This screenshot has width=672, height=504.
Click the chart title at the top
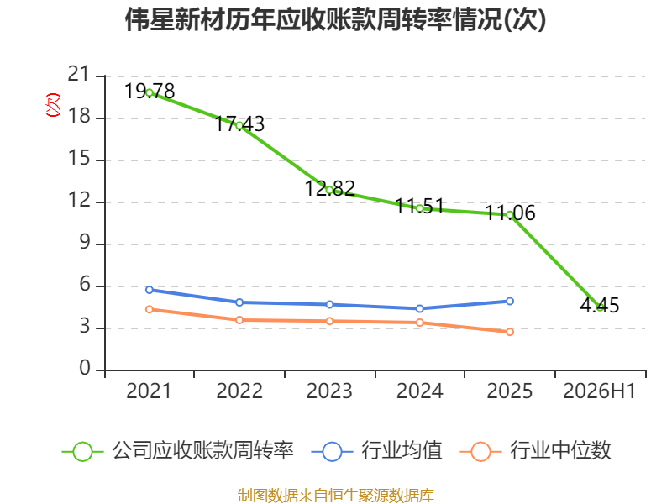[x=335, y=19]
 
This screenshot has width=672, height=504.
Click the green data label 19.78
[x=150, y=92]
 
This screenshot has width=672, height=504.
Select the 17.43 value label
[x=239, y=123]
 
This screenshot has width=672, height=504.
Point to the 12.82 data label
[x=329, y=188]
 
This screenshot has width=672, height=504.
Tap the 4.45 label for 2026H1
[x=600, y=306]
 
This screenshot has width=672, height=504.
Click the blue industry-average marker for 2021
[x=150, y=290]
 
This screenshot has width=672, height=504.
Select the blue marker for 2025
[x=510, y=302]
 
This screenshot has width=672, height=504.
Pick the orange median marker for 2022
[x=239, y=320]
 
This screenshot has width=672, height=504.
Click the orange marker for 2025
[x=510, y=332]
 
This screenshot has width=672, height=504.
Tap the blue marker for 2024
[x=420, y=308]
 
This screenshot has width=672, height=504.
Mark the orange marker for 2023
[x=329, y=321]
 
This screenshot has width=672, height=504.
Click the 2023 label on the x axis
[x=329, y=391]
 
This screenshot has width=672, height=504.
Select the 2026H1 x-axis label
[x=600, y=391]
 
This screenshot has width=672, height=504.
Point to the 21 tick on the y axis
[x=78, y=75]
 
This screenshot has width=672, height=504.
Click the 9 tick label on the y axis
[x=85, y=243]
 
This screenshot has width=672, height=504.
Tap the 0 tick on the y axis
[x=85, y=369]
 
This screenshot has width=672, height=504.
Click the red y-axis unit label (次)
[x=53, y=105]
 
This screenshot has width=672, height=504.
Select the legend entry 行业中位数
[x=536, y=451]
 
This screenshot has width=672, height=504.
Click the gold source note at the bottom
[x=336, y=496]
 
